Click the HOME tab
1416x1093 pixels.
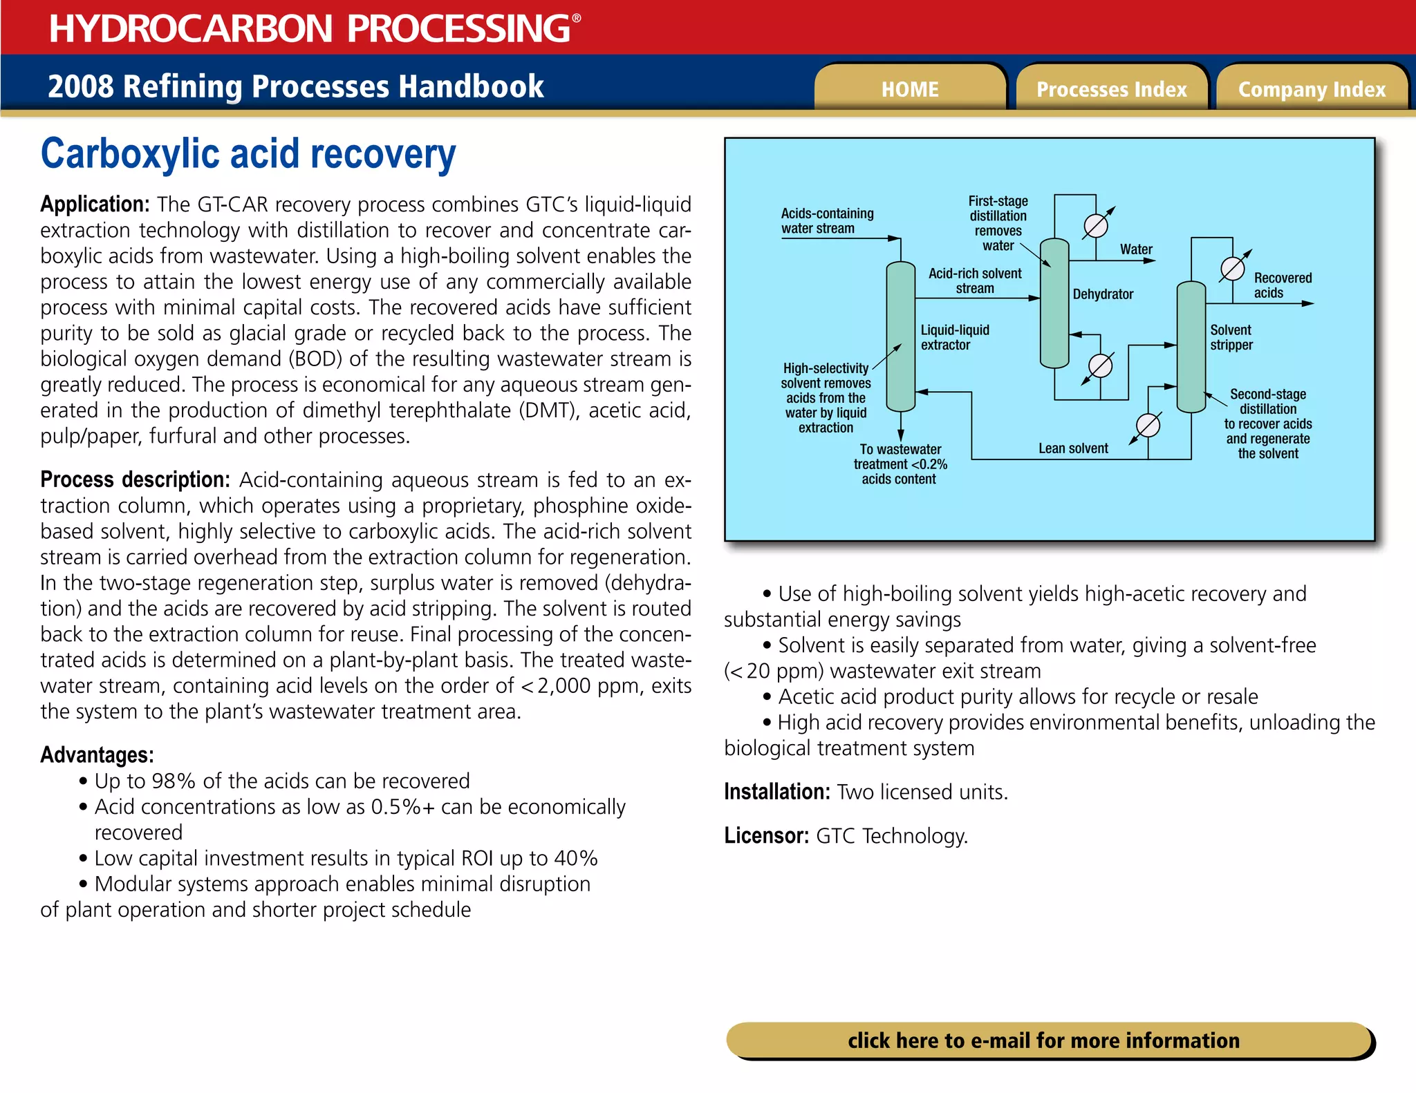click(909, 89)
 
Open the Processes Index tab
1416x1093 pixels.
click(1111, 89)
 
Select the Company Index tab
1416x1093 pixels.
click(1312, 89)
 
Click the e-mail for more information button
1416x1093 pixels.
click(1044, 1040)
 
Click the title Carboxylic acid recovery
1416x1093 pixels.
click(248, 153)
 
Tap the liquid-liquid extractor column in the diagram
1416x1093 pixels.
click(900, 336)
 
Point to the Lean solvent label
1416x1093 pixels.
click(1073, 448)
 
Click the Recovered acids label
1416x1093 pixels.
click(1283, 285)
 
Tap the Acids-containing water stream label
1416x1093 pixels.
click(827, 220)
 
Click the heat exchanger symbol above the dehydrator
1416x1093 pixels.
click(1096, 225)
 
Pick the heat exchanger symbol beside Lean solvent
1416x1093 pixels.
click(1148, 425)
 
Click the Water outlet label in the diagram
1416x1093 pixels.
click(1136, 249)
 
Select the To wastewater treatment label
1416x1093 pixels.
click(900, 464)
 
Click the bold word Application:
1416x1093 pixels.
click(95, 205)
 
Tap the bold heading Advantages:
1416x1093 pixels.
click(97, 754)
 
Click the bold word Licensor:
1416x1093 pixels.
click(766, 836)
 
